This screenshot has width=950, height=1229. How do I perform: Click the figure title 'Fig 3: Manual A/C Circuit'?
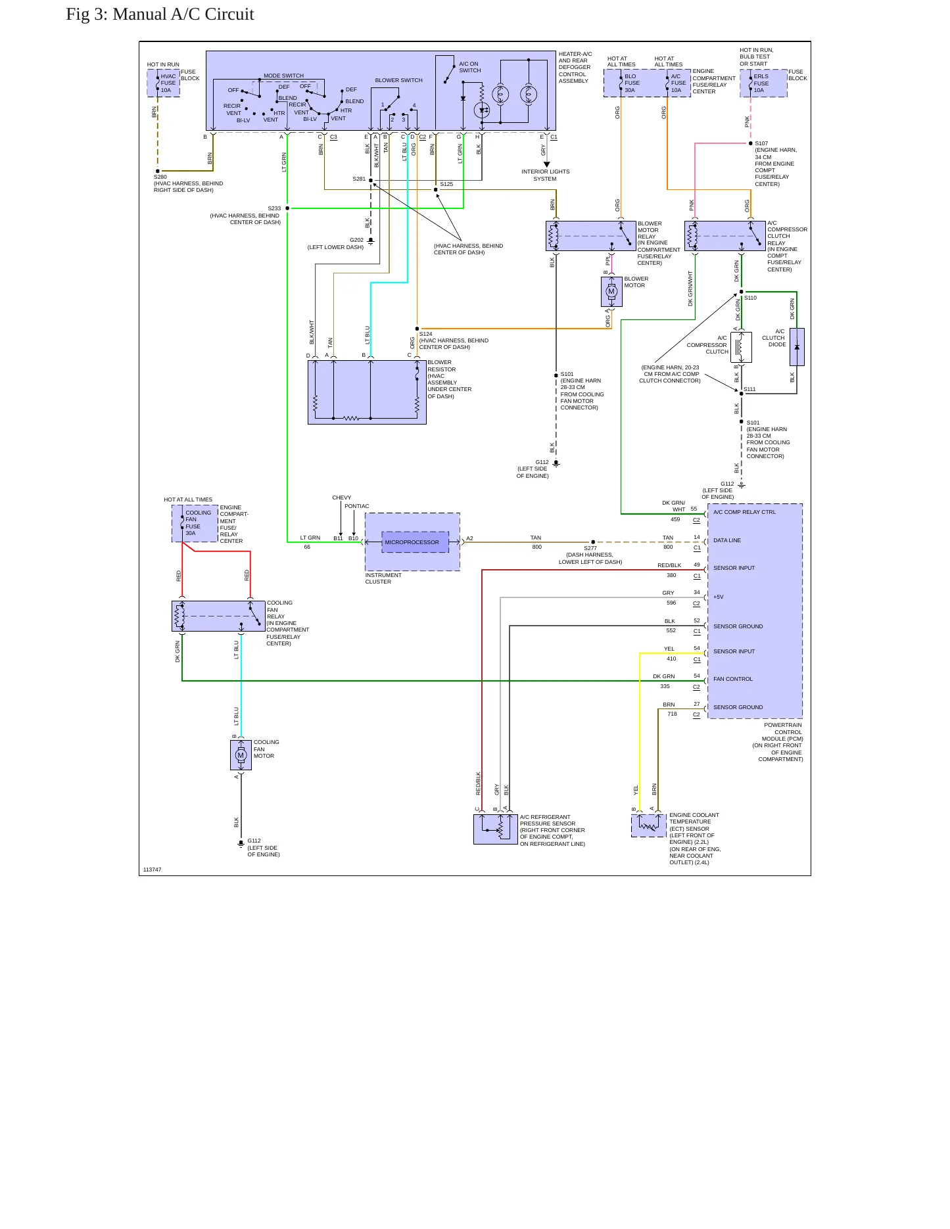pos(160,14)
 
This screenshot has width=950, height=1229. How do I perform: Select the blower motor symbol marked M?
pos(611,292)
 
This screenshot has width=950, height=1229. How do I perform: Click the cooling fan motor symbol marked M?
pos(241,755)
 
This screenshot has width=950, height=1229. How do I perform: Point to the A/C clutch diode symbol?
pos(797,347)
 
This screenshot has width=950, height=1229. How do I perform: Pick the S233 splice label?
pos(274,208)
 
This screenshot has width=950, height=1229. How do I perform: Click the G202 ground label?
pos(356,240)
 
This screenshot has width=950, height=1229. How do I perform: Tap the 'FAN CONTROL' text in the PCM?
pos(733,679)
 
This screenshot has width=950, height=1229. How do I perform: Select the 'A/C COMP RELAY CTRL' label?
pos(744,512)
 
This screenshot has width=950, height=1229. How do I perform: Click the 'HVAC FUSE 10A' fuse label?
pos(168,83)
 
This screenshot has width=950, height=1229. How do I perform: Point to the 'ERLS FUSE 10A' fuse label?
pos(761,83)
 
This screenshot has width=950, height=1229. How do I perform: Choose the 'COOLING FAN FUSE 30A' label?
pos(198,522)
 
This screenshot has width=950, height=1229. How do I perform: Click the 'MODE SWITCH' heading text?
pos(283,76)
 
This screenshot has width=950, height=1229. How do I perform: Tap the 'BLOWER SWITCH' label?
pos(398,80)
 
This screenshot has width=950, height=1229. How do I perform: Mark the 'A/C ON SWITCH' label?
pos(469,67)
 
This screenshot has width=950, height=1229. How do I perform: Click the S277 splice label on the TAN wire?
pos(590,548)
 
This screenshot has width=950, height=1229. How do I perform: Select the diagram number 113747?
pos(152,870)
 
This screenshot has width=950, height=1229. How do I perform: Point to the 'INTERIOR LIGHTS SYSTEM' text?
pos(545,175)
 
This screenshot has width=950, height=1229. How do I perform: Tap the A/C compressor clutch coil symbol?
pos(742,347)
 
